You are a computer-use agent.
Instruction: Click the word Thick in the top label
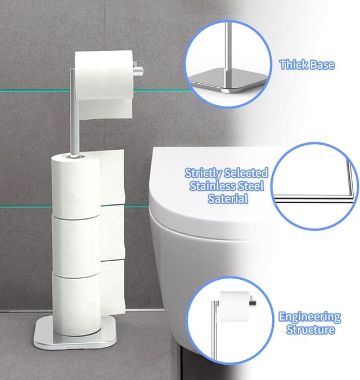[x=292, y=65]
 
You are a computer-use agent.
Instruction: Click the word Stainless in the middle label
[x=213, y=186]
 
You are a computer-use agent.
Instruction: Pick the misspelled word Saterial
[x=227, y=199]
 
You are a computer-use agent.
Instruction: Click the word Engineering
[x=310, y=317]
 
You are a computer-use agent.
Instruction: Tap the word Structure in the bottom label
[x=310, y=330]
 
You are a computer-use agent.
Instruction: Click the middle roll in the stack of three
[x=76, y=242]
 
